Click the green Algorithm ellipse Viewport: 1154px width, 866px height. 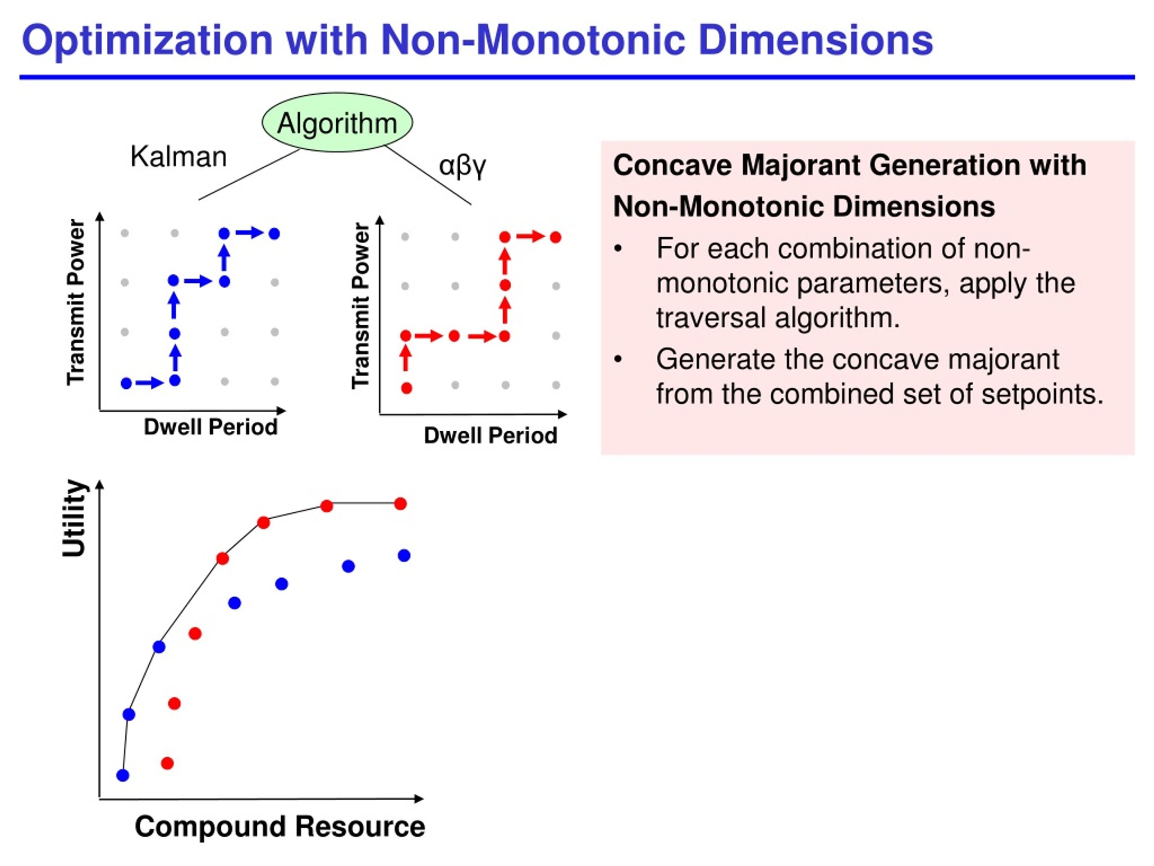(x=337, y=123)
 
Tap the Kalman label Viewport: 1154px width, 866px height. (x=179, y=157)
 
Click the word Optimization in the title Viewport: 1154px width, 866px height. (x=148, y=41)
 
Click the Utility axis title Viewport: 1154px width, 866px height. (x=74, y=518)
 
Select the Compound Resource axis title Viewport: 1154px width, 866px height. (x=280, y=826)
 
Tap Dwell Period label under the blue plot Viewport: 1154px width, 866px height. (x=211, y=427)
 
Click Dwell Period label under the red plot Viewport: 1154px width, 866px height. (x=490, y=435)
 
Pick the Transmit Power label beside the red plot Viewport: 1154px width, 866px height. (x=361, y=306)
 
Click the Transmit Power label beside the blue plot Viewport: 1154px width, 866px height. (x=76, y=302)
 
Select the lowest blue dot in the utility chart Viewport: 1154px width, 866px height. (x=123, y=775)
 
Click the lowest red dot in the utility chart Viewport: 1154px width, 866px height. (x=167, y=763)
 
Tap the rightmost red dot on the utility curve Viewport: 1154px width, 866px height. (x=400, y=504)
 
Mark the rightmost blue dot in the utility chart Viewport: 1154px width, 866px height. (x=404, y=555)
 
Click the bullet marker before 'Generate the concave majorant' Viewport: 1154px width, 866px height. (x=618, y=359)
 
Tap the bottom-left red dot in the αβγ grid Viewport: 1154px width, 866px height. (x=407, y=388)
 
